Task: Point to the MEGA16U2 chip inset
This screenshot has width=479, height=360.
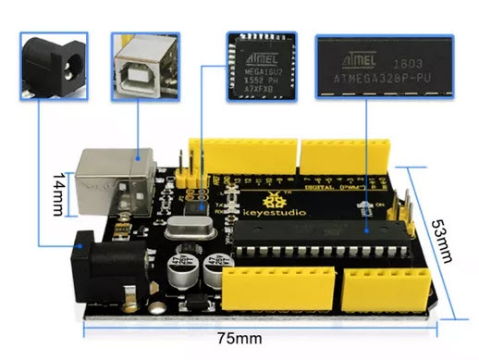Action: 260,62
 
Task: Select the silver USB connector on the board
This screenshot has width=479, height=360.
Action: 113,184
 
